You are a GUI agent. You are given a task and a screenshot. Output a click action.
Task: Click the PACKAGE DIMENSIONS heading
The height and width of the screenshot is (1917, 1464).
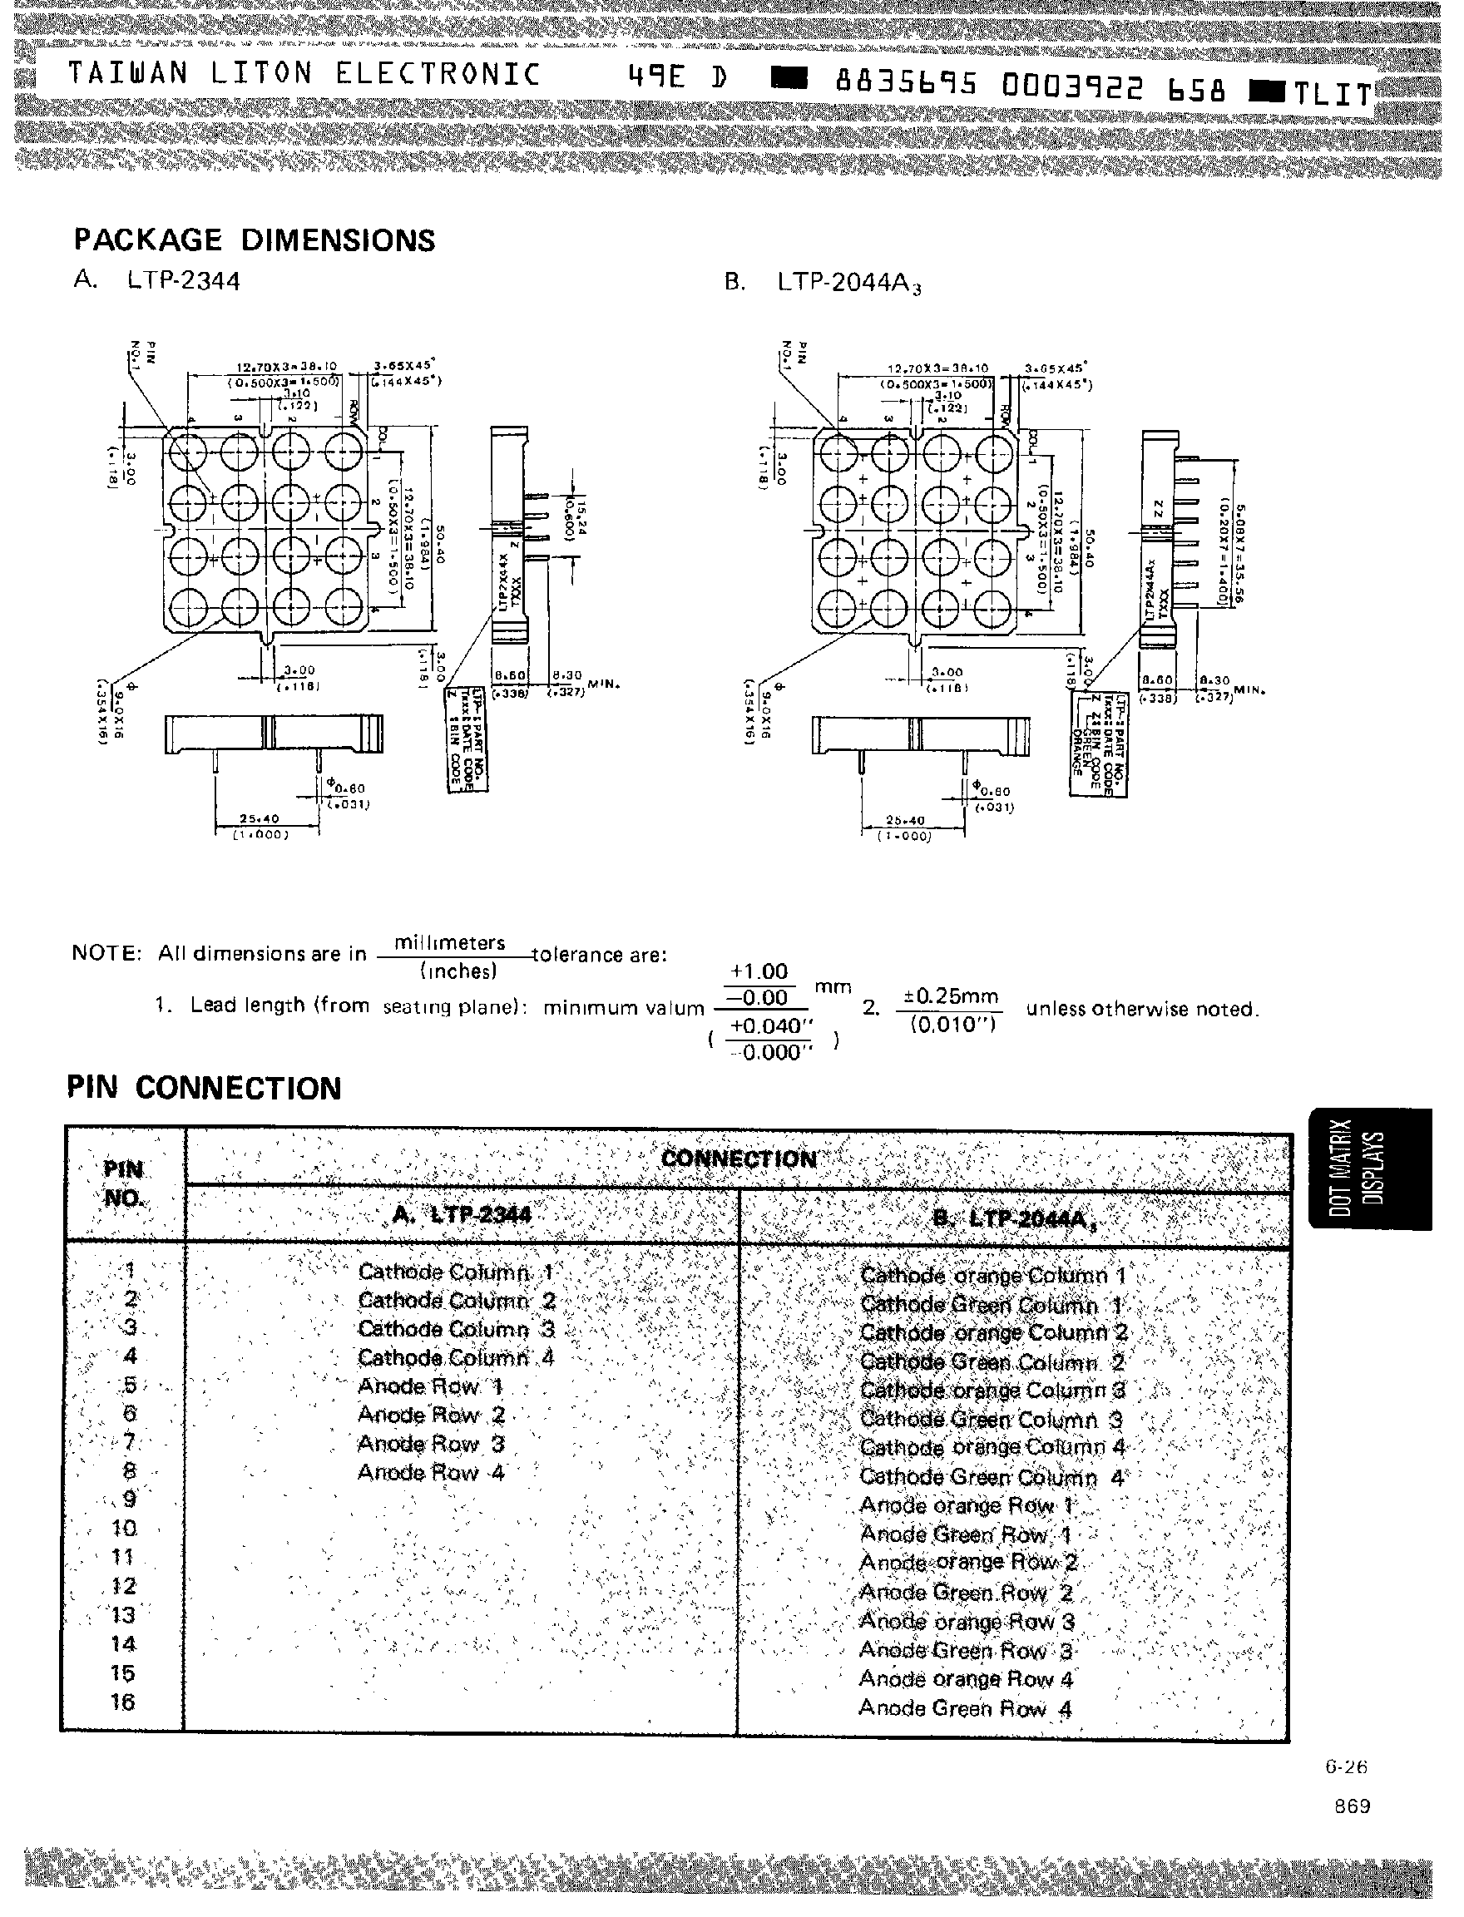[254, 240]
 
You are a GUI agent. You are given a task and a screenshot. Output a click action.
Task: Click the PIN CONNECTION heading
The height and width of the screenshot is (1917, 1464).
[204, 1089]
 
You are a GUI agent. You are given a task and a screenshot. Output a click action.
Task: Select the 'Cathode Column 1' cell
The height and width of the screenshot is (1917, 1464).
[456, 1272]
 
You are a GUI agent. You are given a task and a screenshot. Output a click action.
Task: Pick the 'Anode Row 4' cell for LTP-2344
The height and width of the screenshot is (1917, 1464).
[432, 1473]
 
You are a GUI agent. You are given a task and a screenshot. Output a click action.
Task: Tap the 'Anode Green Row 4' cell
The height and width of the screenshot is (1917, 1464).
[965, 1709]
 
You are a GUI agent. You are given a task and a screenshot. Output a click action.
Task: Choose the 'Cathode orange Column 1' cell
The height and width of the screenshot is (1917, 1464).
[992, 1276]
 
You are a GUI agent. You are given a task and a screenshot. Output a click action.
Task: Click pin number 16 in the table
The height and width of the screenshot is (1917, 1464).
[123, 1702]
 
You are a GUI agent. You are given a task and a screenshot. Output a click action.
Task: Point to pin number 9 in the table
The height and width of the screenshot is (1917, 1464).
[128, 1499]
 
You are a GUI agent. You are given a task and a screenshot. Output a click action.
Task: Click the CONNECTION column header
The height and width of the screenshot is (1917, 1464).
[739, 1159]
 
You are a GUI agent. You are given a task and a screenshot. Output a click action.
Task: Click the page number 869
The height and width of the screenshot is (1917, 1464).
[1352, 1806]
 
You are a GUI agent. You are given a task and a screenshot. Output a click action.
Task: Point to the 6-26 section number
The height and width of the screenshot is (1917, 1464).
[1347, 1766]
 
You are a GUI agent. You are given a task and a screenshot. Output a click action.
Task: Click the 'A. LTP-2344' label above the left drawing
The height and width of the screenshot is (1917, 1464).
[157, 280]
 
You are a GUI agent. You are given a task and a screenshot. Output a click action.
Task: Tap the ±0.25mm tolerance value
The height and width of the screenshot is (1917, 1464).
[951, 996]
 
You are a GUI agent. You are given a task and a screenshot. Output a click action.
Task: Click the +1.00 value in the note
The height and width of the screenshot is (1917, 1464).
[758, 971]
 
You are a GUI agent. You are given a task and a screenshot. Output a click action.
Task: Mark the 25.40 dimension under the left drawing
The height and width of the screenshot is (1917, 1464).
[259, 818]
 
